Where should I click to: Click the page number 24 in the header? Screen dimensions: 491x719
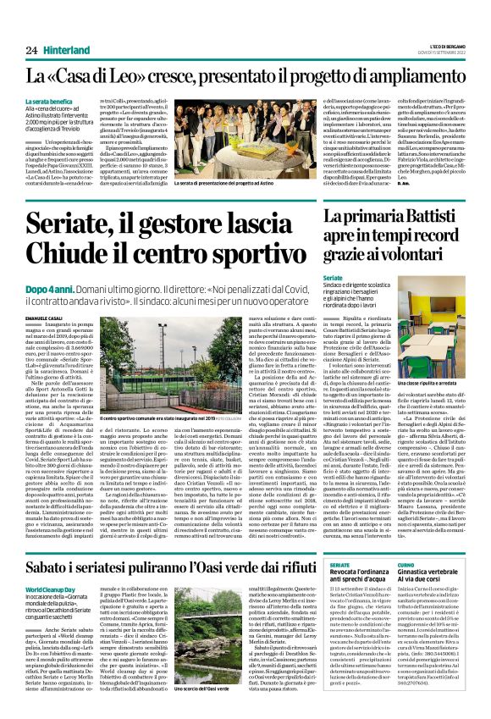[30, 29]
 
